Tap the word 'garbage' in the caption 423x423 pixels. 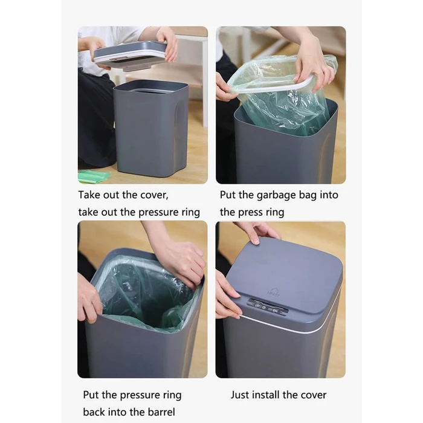click(275, 195)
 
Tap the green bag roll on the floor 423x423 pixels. click(94, 176)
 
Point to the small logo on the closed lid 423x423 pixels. click(273, 292)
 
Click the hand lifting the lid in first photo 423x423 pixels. click(167, 43)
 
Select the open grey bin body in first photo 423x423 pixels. click(150, 129)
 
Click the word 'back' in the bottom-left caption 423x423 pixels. click(94, 412)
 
